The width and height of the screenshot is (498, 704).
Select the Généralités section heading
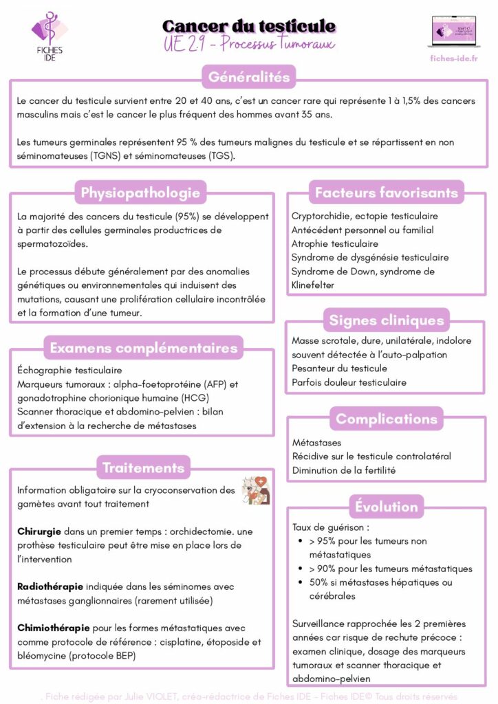tap(249, 77)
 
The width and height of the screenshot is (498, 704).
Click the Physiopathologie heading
tap(140, 192)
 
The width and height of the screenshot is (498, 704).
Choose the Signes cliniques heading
tap(386, 320)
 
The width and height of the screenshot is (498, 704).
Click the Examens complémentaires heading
tap(143, 348)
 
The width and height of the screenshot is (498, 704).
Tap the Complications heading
tap(386, 419)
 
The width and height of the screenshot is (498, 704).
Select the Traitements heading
tap(143, 468)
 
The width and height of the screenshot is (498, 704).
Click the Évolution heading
tap(386, 507)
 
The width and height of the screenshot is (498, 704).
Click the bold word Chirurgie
tap(39, 532)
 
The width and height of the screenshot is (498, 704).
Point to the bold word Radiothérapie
tap(50, 586)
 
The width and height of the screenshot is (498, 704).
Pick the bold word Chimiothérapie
tap(52, 628)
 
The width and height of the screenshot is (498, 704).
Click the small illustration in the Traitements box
tap(255, 490)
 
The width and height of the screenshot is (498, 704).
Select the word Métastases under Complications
tap(316, 443)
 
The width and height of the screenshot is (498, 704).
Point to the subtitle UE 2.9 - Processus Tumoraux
tap(249, 45)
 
